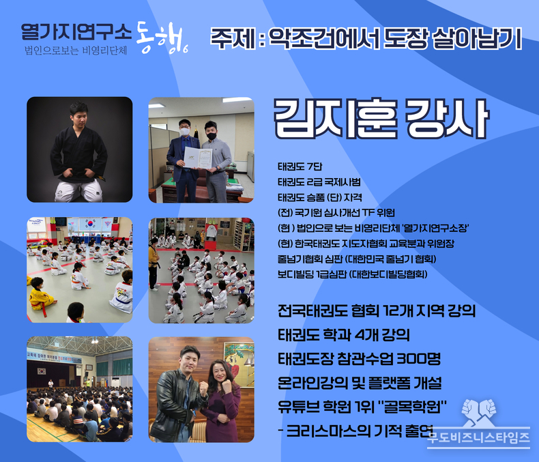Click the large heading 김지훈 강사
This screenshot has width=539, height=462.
[381, 119]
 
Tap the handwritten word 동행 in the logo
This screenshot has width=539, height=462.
[162, 38]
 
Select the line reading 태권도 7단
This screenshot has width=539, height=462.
[300, 167]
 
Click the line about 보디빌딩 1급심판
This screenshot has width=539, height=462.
[352, 274]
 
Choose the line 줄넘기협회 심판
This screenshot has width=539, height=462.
[357, 259]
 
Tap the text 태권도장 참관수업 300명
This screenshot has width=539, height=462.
[359, 358]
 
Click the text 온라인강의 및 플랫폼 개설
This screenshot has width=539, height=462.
[360, 383]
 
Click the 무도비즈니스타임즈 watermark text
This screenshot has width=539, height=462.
[478, 437]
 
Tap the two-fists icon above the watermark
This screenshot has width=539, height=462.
[479, 412]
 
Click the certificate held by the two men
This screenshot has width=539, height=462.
[198, 158]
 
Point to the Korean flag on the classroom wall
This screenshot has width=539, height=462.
[90, 223]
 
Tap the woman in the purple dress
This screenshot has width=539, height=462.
[222, 401]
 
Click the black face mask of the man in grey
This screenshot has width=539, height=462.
[212, 136]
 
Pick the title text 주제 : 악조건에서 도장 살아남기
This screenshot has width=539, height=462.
[366, 38]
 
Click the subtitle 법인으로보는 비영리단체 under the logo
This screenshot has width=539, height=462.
[76, 50]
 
